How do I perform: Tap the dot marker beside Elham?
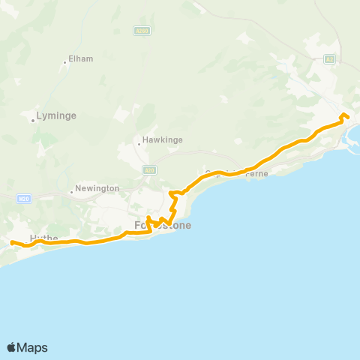(66, 61)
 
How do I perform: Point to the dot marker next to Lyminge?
(33, 118)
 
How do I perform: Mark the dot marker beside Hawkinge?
(139, 140)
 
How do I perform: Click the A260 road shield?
(143, 31)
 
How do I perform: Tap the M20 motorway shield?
(23, 197)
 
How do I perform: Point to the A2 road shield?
(329, 58)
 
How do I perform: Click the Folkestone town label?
(163, 225)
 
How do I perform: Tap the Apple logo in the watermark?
(12, 347)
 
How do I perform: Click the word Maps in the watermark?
(33, 347)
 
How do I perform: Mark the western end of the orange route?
(12, 241)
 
